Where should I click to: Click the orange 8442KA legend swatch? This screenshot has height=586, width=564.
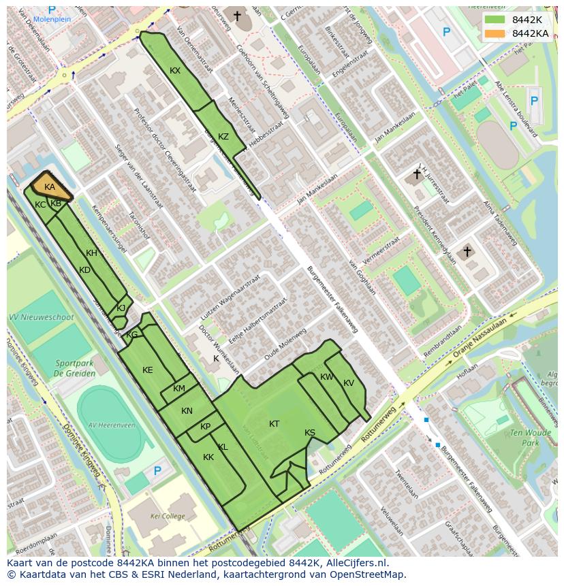tap(497, 33)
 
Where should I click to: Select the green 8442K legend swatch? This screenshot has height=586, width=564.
tap(497, 20)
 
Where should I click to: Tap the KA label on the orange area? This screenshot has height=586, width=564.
tap(50, 187)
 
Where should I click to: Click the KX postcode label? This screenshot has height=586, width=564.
tap(175, 71)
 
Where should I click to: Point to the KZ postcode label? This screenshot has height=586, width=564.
tap(223, 136)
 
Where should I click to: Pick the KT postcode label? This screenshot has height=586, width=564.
tap(274, 423)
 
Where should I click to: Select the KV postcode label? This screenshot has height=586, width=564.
tap(349, 383)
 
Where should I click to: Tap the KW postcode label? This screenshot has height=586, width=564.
tap(327, 377)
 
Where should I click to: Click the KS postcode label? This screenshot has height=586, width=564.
tap(310, 433)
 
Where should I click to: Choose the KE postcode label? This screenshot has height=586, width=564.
tap(148, 370)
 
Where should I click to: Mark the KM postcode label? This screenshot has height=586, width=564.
tap(179, 389)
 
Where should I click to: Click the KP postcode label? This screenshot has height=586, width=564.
tap(206, 427)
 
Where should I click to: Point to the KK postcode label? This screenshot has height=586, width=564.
tap(208, 457)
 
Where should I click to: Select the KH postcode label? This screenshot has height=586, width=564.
tap(92, 253)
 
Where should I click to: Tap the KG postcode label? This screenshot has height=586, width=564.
tap(132, 335)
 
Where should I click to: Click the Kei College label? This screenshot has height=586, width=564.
tap(168, 517)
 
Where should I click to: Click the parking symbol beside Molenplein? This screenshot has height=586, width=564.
tap(52, 10)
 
